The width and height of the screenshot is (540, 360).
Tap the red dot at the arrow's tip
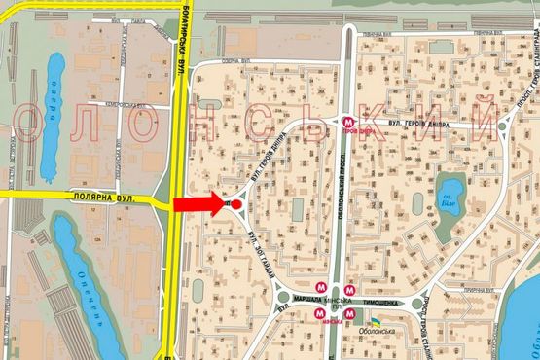coord(236,205)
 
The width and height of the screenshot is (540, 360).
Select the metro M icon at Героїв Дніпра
coord(347,123)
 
